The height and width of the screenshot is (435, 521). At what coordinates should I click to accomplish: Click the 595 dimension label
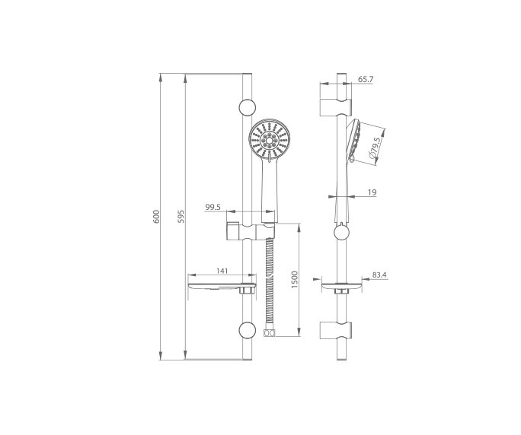(181, 217)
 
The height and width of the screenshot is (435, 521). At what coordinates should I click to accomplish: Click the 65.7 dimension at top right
(365, 78)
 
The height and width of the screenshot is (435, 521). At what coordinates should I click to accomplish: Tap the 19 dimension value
(372, 193)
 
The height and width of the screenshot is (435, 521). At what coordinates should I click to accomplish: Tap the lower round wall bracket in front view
(247, 329)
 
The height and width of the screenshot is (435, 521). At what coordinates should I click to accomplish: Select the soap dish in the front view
(221, 287)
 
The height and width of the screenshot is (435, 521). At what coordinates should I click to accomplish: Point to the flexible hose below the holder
(268, 281)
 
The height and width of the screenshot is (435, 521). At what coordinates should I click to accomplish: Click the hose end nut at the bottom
(268, 332)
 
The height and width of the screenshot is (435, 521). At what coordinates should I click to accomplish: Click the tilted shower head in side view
(352, 141)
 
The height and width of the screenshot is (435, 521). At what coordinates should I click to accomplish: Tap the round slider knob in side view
(341, 233)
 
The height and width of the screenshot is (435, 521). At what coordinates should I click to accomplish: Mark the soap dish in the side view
(340, 288)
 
